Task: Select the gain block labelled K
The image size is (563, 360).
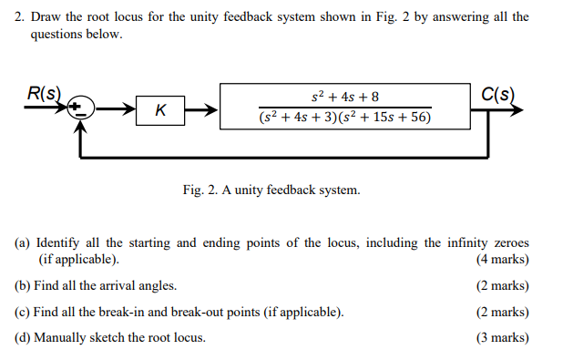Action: point(160,110)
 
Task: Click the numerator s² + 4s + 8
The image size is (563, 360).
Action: point(345,97)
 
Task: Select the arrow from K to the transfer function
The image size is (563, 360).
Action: point(202,111)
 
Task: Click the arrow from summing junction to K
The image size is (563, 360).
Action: point(114,111)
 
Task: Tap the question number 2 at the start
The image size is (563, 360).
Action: point(18,17)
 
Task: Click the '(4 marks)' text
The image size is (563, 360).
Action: point(502,260)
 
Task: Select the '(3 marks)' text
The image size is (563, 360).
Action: point(502,338)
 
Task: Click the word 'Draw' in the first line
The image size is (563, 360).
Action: point(46,17)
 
